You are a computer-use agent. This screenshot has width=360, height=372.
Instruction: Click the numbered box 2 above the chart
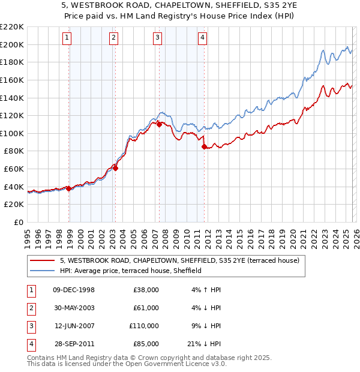[113, 38]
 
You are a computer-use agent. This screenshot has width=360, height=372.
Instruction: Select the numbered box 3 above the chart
[157, 38]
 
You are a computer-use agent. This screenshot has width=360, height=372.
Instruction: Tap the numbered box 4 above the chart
[203, 38]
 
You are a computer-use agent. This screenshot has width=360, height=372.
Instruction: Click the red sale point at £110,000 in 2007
[159, 124]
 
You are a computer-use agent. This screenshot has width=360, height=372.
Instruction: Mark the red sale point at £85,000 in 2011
[205, 146]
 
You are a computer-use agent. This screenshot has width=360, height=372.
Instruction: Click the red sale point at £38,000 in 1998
[69, 188]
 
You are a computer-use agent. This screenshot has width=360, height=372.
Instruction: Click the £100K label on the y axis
[12, 133]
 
